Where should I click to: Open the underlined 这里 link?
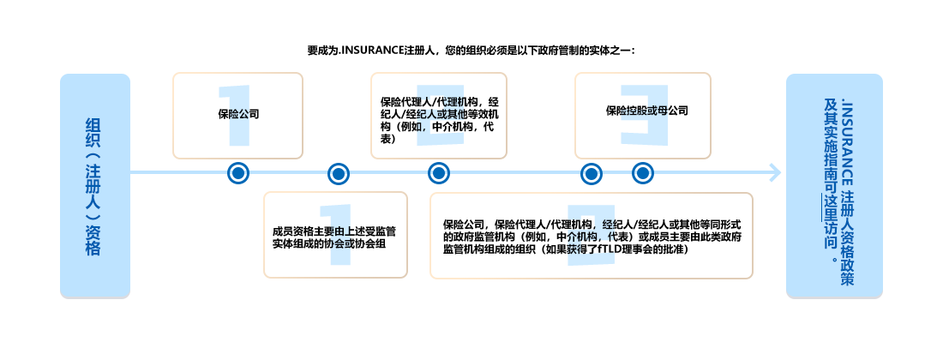(x=829, y=208)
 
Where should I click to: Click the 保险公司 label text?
(x=239, y=113)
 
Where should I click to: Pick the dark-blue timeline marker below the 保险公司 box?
(x=238, y=173)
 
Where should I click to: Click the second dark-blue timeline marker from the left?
(x=339, y=173)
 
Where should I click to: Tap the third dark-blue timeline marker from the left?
(x=439, y=173)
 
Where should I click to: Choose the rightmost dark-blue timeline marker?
(x=643, y=173)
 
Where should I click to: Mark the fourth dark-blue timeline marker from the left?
(x=592, y=173)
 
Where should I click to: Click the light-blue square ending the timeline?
(x=775, y=172)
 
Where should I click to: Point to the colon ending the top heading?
(x=633, y=50)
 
